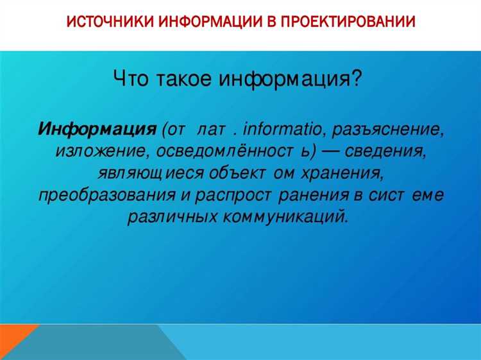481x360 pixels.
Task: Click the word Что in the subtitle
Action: click(x=133, y=81)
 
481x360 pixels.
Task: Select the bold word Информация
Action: click(x=97, y=128)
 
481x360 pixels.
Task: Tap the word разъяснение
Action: click(x=389, y=128)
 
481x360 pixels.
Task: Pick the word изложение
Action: click(x=97, y=151)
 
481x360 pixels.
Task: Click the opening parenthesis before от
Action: click(x=164, y=128)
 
